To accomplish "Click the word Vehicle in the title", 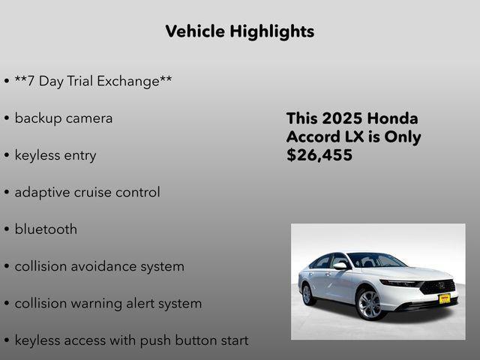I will pos(193,31).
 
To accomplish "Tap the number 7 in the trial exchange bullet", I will pos(31,80).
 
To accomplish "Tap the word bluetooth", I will pos(46,229).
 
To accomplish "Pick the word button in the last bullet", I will pos(196,340).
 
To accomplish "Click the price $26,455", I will pos(319,155).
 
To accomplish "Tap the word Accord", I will pos(311,137).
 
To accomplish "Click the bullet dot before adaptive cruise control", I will pos(7,193).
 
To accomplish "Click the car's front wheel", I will pos(369,304).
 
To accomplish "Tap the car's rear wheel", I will pos(307,294).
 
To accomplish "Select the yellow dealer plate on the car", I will pos(444,298).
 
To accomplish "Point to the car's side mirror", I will pos(340,265).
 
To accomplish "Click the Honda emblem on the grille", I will pos(442,285).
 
